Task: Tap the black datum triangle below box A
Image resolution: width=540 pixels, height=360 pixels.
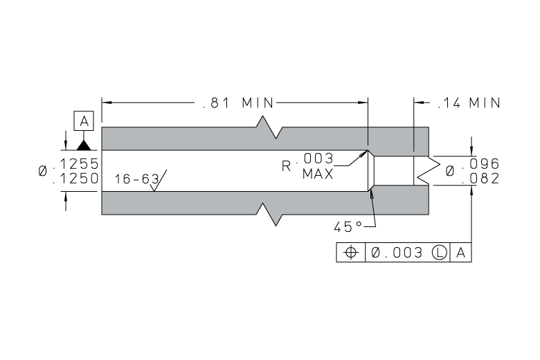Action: coord(84,145)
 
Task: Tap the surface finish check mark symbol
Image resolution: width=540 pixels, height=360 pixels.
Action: coord(156,181)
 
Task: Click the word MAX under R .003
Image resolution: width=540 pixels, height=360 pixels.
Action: coord(317,174)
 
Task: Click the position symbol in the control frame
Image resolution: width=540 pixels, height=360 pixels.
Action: coord(350,253)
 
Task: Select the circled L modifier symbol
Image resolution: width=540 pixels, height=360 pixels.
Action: coord(438,253)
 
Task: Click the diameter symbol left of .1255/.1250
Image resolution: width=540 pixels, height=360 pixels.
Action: coord(44,171)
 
